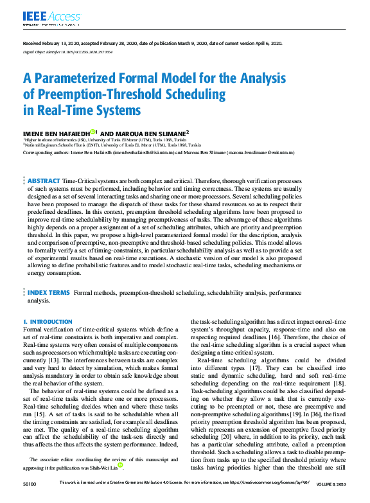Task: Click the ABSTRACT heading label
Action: [44, 182]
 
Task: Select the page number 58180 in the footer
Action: [30, 499]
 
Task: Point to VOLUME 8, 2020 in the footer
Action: [331, 499]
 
